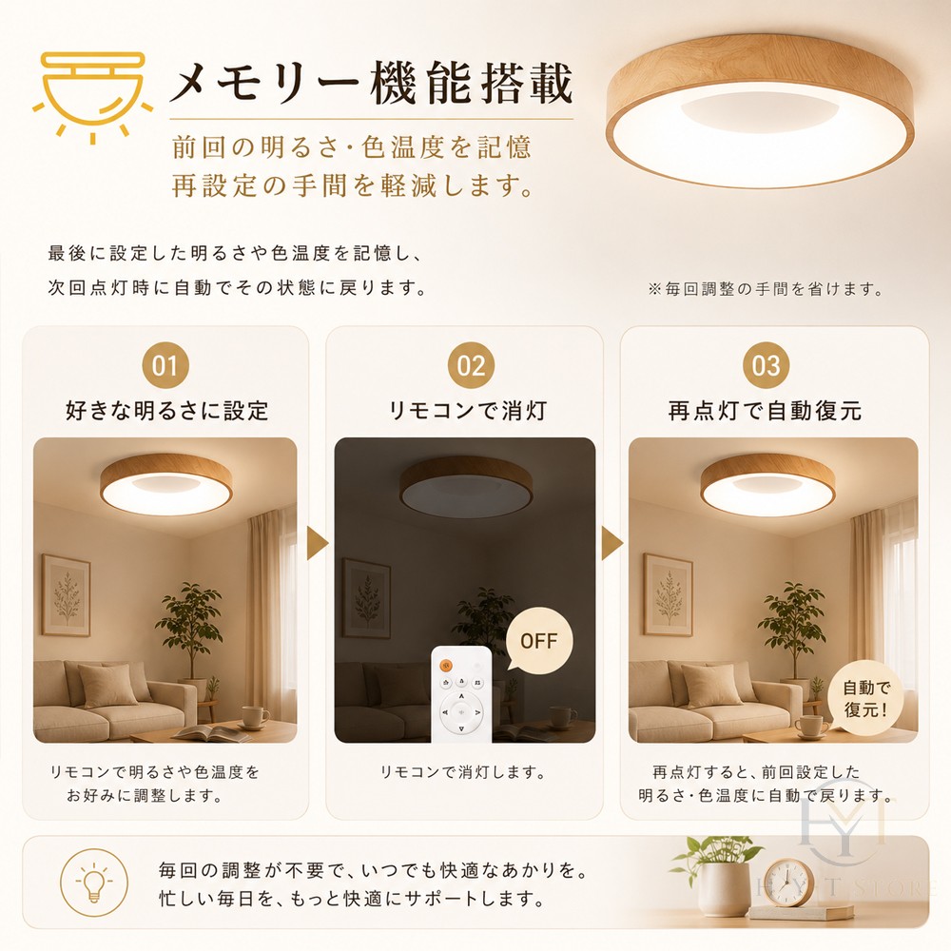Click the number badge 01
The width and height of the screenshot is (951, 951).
pos(165,365)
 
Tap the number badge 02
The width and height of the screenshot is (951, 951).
pos(472,365)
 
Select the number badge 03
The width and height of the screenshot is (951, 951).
pos(766,365)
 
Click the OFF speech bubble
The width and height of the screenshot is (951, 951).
pos(538,641)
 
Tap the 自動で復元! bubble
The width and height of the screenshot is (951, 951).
pos(866,699)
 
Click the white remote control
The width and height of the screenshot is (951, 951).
pos(461,694)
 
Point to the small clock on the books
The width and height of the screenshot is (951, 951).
pos(788,883)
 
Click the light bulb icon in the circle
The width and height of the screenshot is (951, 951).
pos(94,883)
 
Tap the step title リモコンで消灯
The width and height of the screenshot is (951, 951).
pos(467,411)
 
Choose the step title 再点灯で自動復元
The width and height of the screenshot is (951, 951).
pos(766,411)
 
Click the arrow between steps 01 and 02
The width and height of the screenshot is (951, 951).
pos(317,543)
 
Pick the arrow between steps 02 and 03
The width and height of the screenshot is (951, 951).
pos(611,543)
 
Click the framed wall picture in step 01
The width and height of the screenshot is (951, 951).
pos(67,595)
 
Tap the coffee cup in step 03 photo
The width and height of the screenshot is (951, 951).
pos(813,727)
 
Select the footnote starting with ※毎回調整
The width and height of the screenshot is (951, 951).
pos(766,289)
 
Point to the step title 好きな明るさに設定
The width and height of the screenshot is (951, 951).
pos(166,411)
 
